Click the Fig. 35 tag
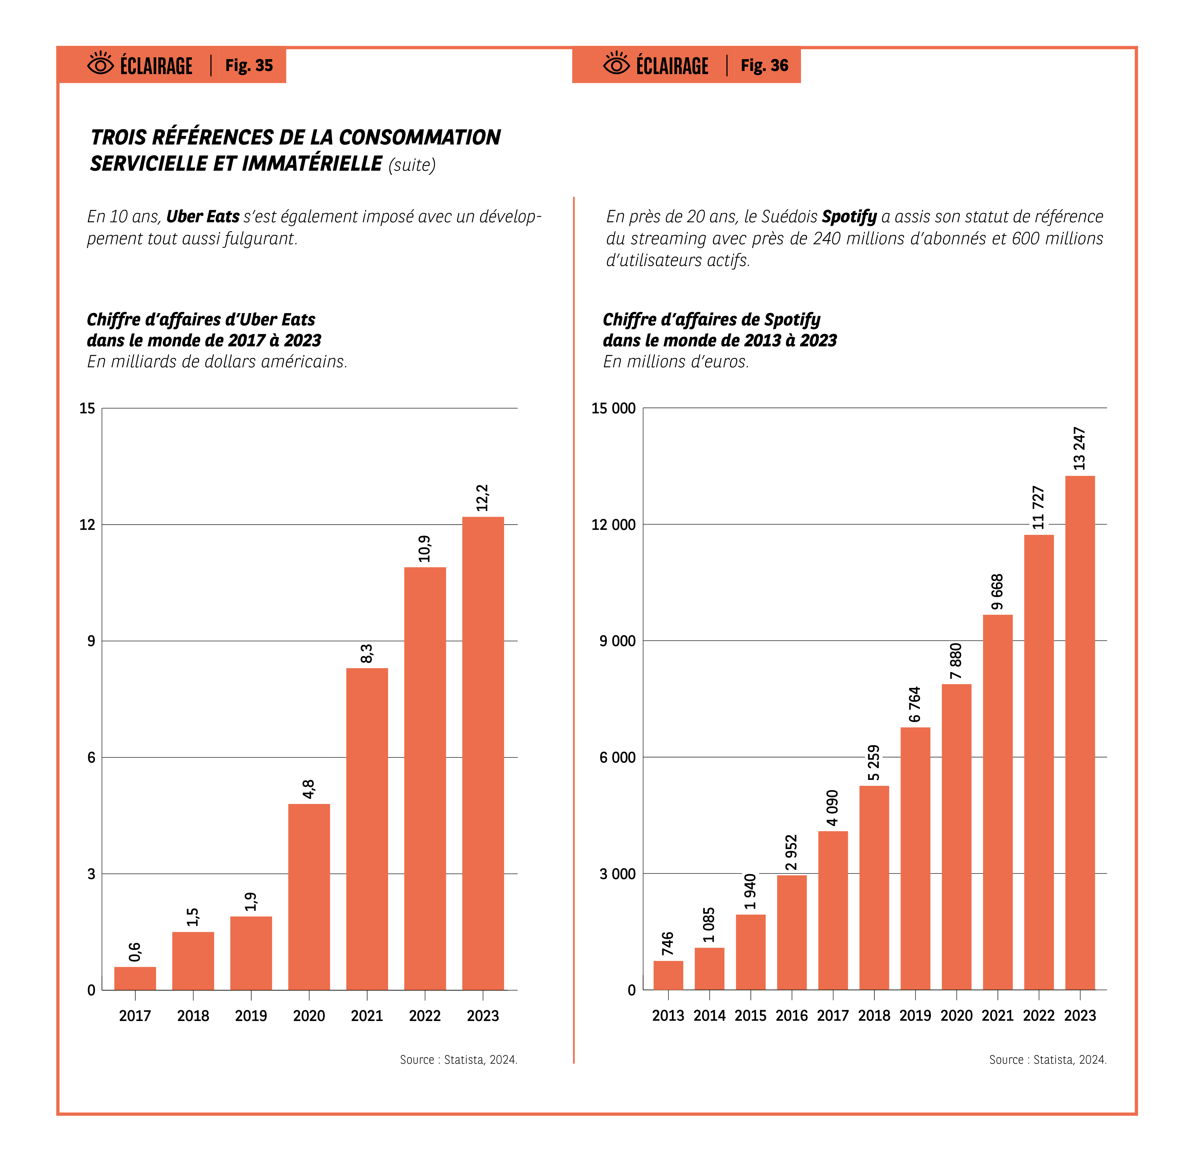249,65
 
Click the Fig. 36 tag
764,65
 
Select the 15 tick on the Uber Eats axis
87,408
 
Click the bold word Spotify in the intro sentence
849,217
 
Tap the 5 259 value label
874,763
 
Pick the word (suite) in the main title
412,165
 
